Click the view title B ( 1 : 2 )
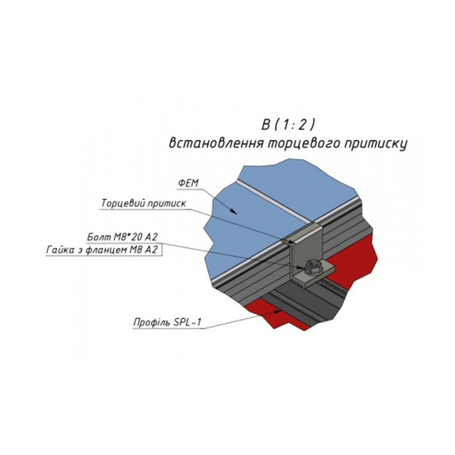(288, 125)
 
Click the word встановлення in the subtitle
(216, 143)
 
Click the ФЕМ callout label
(188, 183)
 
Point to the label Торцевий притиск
(143, 204)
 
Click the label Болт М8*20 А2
(122, 237)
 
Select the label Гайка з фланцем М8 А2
(102, 250)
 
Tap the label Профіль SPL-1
(167, 322)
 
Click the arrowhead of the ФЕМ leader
(233, 211)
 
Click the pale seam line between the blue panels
(275, 201)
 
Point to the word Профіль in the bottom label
(152, 322)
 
